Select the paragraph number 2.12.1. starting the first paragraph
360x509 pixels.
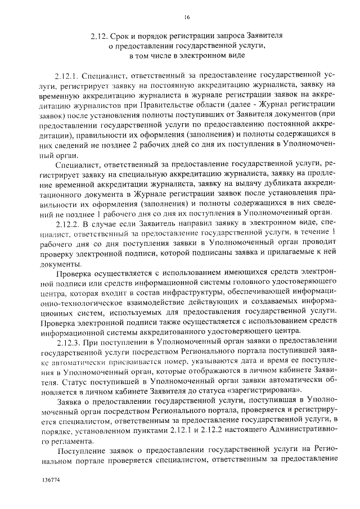68,75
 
